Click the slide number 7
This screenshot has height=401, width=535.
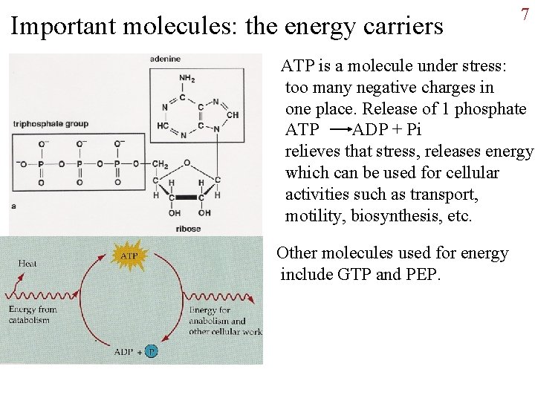point(525,14)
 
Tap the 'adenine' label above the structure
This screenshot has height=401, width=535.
point(165,59)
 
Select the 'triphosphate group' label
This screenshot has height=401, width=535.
point(51,123)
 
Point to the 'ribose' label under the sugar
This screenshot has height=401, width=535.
point(188,229)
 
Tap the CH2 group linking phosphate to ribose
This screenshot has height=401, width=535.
point(160,164)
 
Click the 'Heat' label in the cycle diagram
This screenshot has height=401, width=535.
point(27,263)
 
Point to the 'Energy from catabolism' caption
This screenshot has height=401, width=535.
point(33,315)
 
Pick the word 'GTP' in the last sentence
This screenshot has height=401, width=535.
point(354,275)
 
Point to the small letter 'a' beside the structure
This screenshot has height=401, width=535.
point(13,206)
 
